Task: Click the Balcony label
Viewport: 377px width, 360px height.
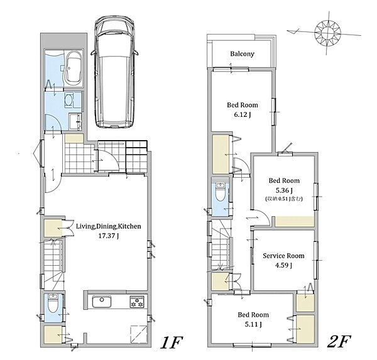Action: click(x=242, y=53)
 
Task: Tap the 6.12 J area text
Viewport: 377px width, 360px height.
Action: click(x=243, y=114)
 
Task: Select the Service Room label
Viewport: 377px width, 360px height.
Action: click(x=283, y=256)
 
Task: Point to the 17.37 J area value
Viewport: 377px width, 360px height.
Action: click(x=109, y=236)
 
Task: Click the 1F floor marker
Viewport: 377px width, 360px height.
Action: click(x=172, y=342)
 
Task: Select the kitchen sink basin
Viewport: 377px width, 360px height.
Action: click(x=102, y=302)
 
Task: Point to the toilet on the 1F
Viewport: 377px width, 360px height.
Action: click(x=52, y=303)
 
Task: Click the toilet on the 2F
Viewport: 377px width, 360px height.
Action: click(x=220, y=192)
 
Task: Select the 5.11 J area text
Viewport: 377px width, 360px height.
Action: click(x=253, y=324)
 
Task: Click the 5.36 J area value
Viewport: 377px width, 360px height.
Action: click(x=284, y=190)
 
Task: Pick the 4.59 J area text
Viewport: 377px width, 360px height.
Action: click(x=283, y=265)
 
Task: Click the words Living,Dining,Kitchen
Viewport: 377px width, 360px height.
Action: click(x=109, y=226)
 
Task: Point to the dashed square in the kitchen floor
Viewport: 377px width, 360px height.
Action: click(x=138, y=334)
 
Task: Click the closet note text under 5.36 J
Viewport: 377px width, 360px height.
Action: click(x=284, y=199)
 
